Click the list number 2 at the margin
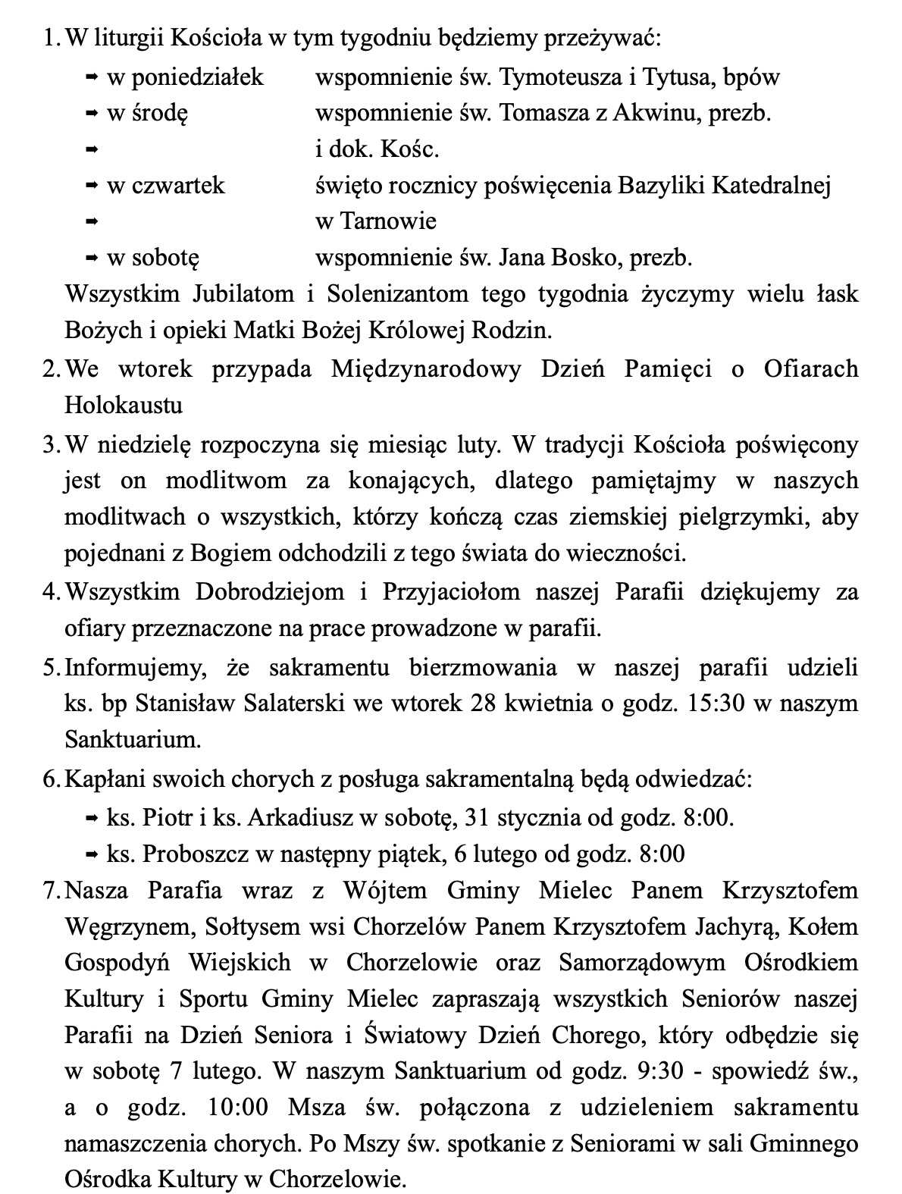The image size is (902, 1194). point(50,369)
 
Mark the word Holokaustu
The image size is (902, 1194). point(124,406)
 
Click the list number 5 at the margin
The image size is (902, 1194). point(50,668)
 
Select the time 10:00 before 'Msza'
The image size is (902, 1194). point(236,1108)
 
